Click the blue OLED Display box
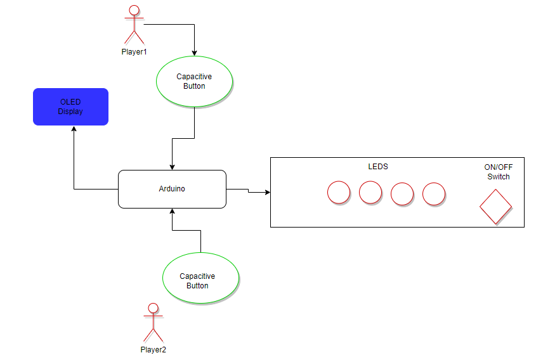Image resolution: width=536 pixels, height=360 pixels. point(71,107)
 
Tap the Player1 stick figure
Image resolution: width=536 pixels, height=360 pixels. point(134,25)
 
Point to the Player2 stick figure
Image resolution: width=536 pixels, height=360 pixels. point(154,323)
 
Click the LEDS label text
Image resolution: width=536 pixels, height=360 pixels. point(378,167)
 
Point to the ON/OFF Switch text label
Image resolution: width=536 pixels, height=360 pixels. point(499,172)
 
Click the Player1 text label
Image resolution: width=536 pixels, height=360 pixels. point(134,52)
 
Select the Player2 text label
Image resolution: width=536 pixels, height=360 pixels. point(153,350)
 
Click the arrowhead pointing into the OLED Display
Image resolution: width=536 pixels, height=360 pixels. point(74,129)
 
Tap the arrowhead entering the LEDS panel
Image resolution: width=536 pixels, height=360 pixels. point(267,192)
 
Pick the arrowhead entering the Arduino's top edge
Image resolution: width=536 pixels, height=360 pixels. point(173,167)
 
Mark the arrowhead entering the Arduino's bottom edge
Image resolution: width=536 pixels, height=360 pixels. point(173,211)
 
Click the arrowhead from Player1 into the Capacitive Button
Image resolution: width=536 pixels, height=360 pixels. point(195,53)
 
